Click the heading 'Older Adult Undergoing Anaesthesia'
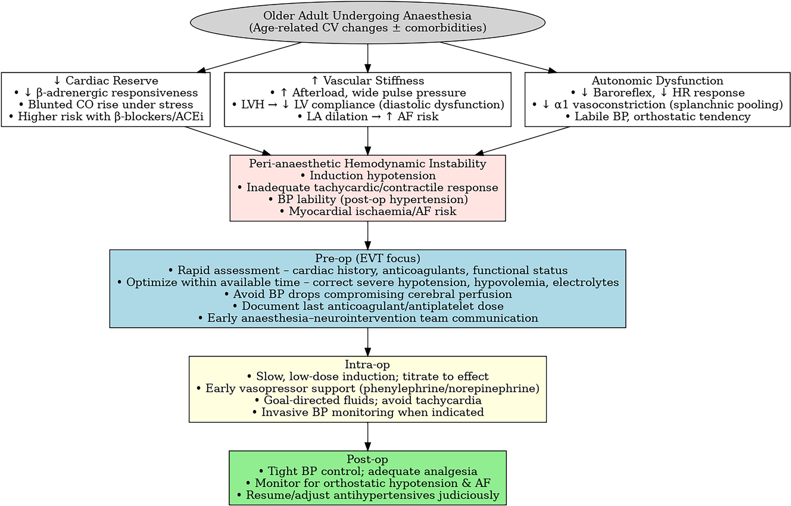point(367,16)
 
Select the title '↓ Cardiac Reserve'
point(106,81)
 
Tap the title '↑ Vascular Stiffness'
point(367,81)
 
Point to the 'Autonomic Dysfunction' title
point(657,81)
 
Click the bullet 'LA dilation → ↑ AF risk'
point(367,117)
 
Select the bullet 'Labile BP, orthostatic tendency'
point(657,117)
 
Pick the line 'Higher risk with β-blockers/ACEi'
point(106,117)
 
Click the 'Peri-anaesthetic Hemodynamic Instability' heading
point(367,163)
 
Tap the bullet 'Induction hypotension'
point(367,176)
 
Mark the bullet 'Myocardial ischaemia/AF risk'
point(367,211)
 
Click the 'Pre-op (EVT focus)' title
point(367,258)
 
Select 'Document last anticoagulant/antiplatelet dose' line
point(367,306)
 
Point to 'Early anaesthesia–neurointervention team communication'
point(367,318)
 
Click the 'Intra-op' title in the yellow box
point(367,364)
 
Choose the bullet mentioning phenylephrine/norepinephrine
point(367,389)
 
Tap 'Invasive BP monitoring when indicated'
point(367,412)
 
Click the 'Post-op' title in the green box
point(367,459)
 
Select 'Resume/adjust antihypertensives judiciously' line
point(367,495)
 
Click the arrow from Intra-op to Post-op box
point(367,436)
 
